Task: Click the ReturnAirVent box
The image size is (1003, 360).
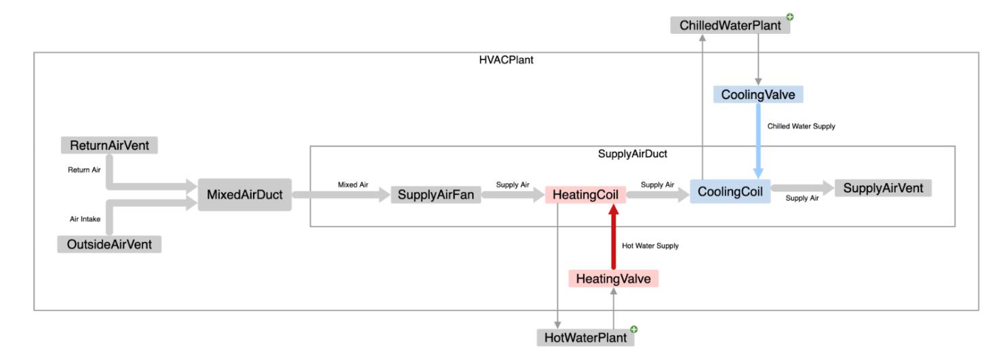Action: pos(109,145)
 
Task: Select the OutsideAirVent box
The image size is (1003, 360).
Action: pos(109,244)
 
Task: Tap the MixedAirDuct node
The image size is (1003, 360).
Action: pos(244,195)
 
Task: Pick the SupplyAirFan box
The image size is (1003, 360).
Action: pos(436,196)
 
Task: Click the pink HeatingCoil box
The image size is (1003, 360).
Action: pos(585,195)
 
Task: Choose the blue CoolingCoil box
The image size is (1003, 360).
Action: pos(730,192)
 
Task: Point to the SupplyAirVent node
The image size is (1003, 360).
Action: pos(883,188)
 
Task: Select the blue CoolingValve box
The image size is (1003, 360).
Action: pos(758,95)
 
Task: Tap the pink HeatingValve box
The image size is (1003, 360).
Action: pos(613,279)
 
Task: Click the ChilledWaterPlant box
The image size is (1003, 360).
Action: pos(730,26)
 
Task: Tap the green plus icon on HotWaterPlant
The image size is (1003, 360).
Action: pos(633,329)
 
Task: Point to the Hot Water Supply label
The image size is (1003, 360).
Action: pos(650,246)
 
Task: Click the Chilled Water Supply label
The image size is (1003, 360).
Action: pos(801,126)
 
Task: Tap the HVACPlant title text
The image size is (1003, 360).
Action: pos(506,60)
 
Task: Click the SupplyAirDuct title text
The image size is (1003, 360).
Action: pos(632,154)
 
